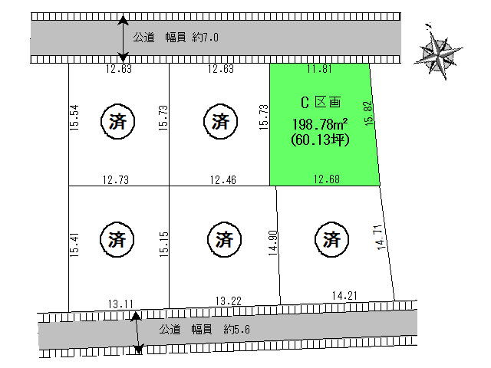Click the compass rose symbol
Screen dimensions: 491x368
[x=438, y=52]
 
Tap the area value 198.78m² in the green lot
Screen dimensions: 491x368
[x=320, y=124]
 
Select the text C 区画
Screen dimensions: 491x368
[x=321, y=102]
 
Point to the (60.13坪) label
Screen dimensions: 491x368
[x=320, y=140]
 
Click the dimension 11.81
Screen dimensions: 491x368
[x=319, y=68]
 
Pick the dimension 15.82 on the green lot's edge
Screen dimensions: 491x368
[x=369, y=113]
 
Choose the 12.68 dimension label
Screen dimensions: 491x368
[x=327, y=179]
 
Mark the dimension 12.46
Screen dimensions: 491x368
[x=223, y=179]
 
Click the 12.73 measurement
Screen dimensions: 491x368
[x=116, y=179]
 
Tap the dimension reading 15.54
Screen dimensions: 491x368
[x=74, y=117]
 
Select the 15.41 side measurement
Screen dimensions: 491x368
[x=74, y=245]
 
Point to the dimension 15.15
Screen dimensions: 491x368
[x=163, y=244]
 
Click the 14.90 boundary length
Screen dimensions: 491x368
[x=273, y=243]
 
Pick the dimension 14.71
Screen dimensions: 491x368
[x=380, y=237]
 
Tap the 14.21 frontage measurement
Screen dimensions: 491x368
[x=344, y=295]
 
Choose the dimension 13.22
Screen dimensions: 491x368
[x=229, y=301]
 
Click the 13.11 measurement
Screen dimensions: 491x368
[x=120, y=304]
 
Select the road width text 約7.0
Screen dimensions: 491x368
[x=206, y=38]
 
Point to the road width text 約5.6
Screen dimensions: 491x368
[x=237, y=329]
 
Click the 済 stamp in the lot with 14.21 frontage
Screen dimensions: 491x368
[x=331, y=239]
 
